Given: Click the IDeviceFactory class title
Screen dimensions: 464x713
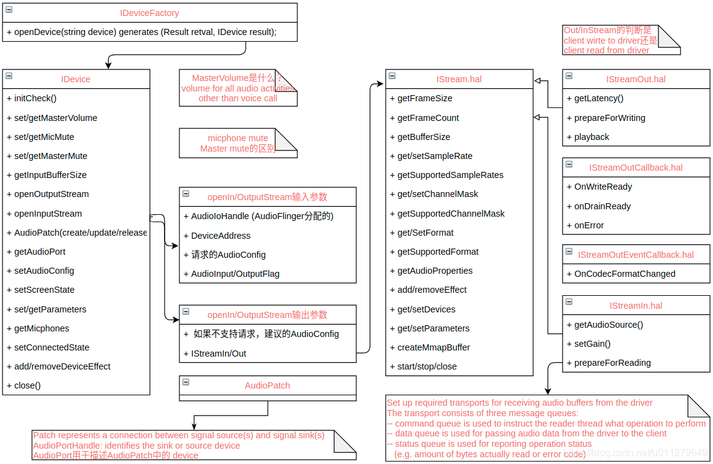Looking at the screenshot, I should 149,13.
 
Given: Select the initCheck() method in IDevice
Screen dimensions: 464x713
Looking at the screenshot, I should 35,98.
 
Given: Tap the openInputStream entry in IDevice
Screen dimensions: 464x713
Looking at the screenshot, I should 48,214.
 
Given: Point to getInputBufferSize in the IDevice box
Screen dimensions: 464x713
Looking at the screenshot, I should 50,175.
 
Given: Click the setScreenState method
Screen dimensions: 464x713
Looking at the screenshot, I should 44,290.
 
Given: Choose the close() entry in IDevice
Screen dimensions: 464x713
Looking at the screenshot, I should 27,385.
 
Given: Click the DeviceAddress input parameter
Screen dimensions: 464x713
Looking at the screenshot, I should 220,236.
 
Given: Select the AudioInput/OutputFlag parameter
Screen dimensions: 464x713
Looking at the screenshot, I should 235,274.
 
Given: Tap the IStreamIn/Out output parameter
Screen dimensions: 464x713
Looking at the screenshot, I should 219,354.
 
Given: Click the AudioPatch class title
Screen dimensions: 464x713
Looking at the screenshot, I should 267,385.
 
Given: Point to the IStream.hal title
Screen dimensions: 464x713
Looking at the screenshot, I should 459,79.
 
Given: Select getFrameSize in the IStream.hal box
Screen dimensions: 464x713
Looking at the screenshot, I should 425,98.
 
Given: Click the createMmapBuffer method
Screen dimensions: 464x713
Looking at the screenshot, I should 434,347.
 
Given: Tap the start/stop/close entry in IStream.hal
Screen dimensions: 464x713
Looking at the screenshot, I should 427,366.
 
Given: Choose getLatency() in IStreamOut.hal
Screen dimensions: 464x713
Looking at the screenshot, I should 599,98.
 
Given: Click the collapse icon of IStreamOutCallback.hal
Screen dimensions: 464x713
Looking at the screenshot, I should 569,165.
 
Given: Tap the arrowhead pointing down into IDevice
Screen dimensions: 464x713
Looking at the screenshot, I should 109,65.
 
